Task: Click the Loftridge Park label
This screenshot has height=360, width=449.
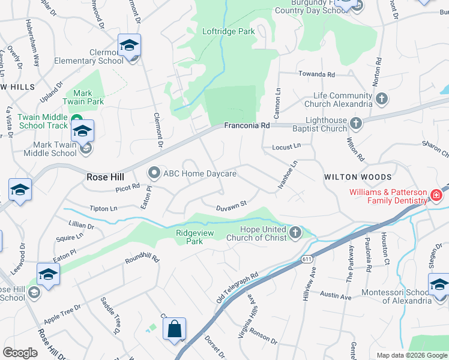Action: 228,32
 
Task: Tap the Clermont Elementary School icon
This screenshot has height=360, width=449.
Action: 129,46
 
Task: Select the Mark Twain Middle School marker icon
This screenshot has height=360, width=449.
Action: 82,132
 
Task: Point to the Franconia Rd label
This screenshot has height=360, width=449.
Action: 247,126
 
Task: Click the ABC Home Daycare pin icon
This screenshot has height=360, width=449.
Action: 154,173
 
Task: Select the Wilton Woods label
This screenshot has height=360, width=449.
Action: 358,178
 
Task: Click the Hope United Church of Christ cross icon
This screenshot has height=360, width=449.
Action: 295,232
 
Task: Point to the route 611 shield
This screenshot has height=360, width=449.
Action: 306,258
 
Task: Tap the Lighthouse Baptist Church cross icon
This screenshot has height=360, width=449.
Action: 357,124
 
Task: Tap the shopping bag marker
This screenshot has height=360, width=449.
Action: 174,329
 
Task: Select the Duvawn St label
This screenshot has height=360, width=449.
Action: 232,205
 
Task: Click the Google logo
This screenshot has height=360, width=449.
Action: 20,353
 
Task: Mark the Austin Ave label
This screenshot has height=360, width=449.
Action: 336,296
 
